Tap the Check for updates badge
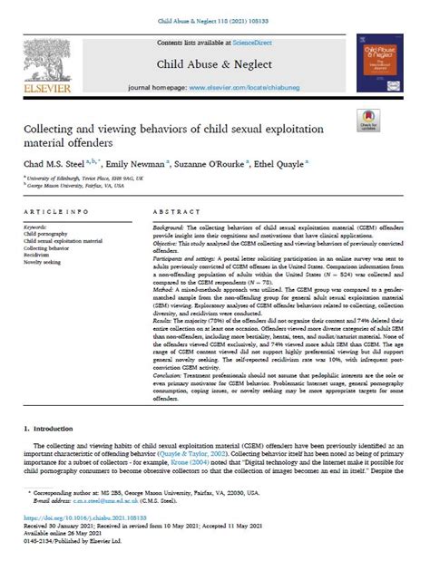coord(373,121)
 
